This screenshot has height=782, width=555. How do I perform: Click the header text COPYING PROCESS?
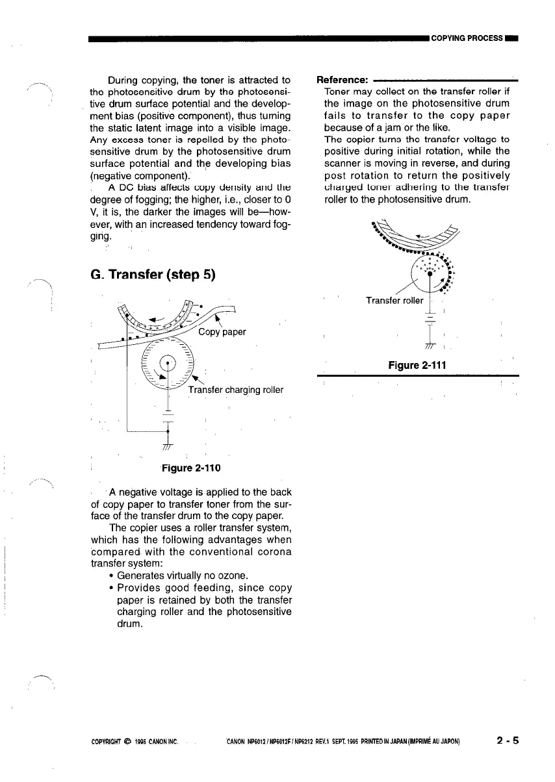[467, 38]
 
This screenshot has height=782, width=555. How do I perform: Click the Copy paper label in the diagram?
[222, 331]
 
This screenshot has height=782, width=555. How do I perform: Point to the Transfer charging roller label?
[236, 390]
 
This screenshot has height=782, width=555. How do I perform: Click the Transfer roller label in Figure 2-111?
[394, 301]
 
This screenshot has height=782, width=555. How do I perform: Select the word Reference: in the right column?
[342, 80]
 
